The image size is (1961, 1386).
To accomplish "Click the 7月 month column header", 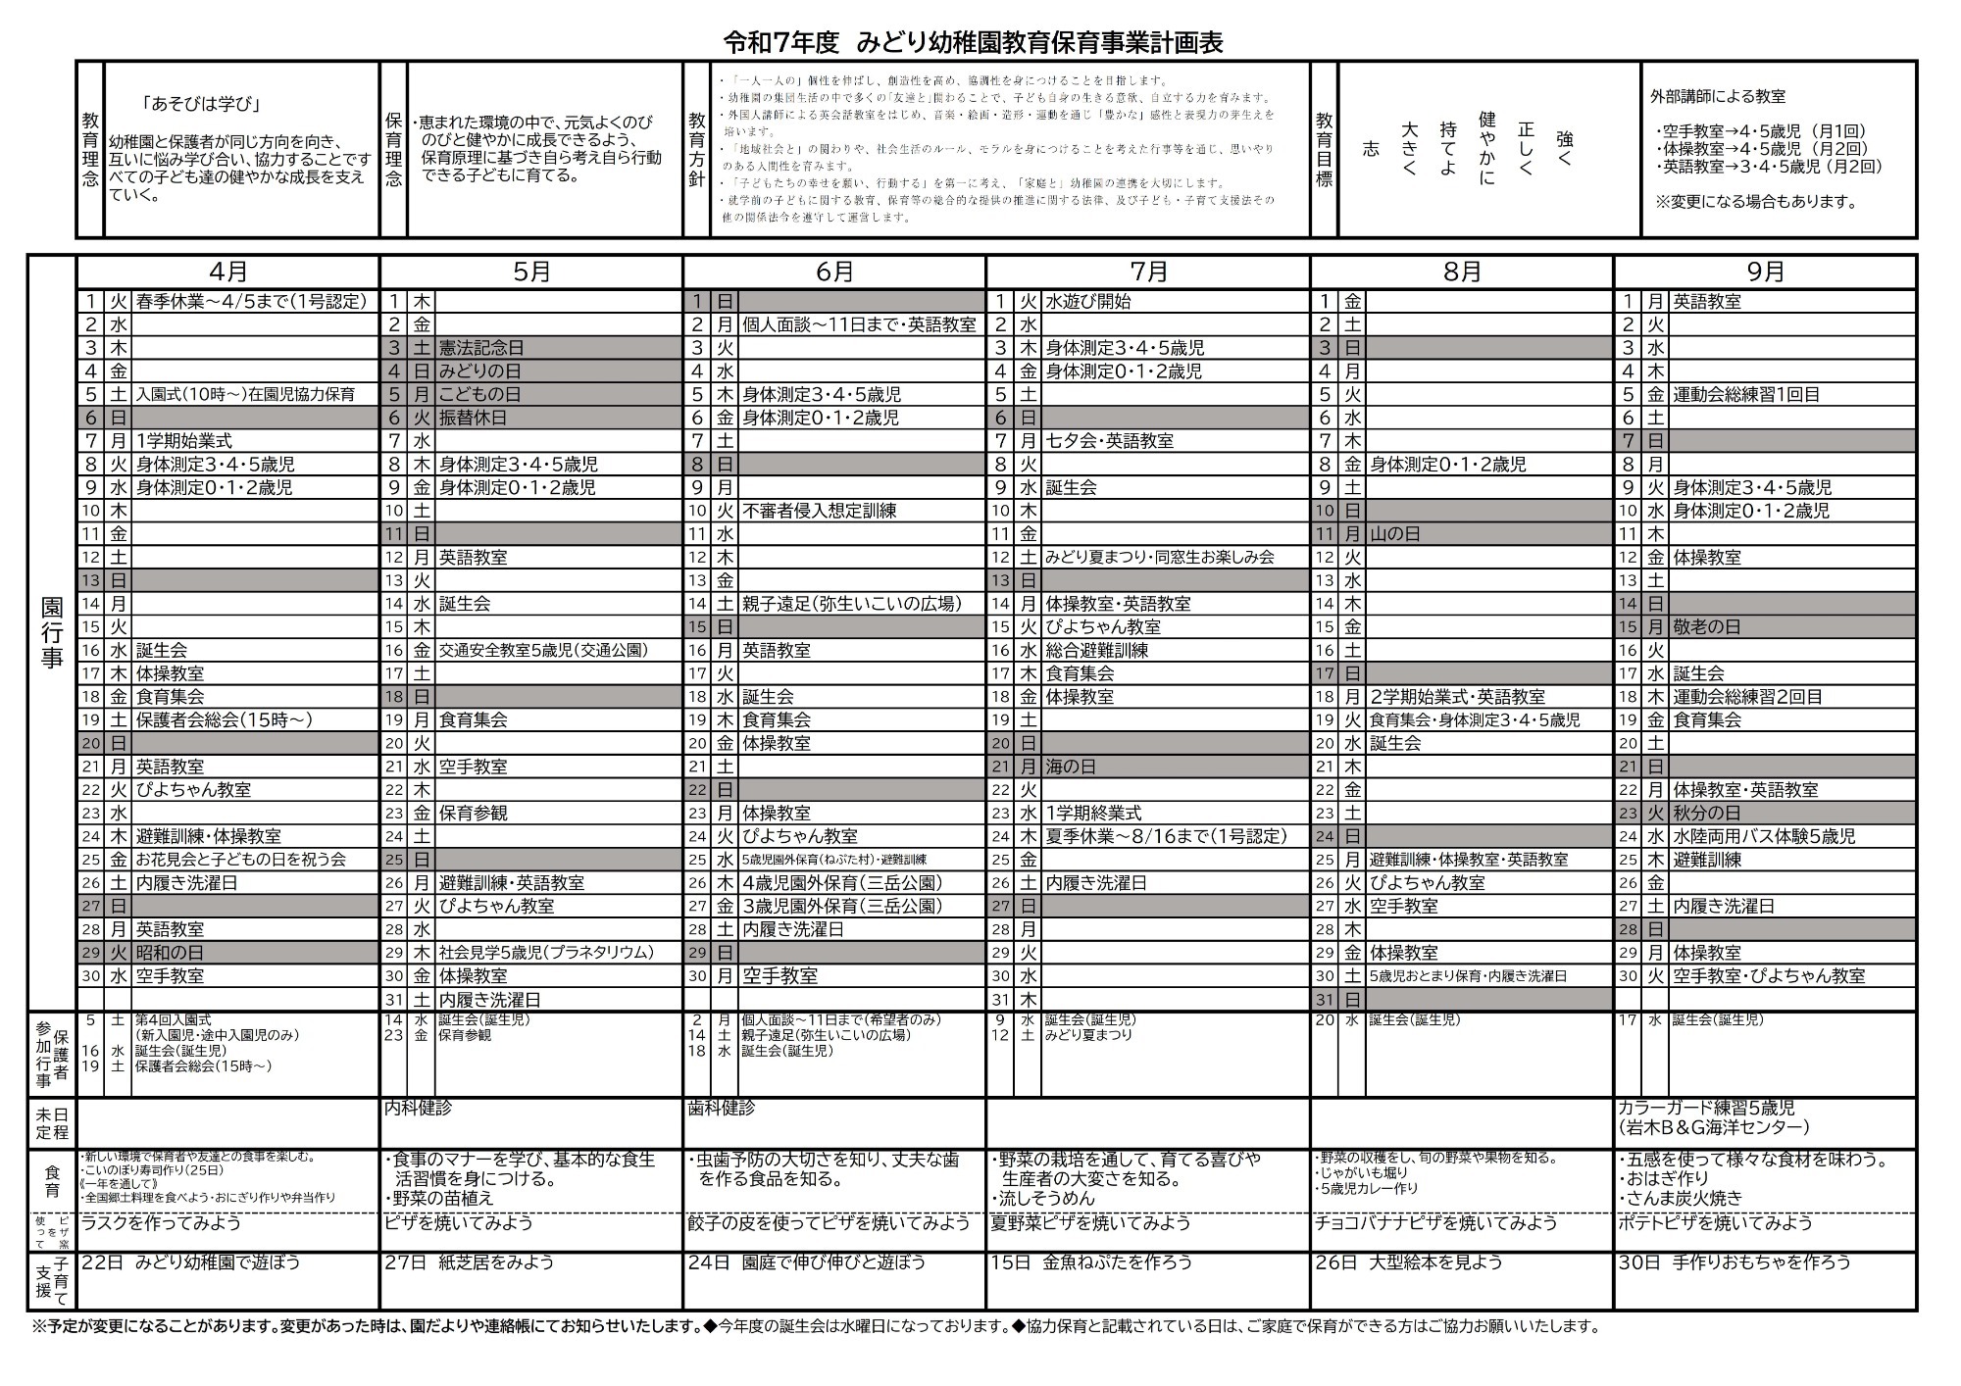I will click(x=1148, y=272).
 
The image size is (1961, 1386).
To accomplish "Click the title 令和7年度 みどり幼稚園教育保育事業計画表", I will click(x=973, y=42).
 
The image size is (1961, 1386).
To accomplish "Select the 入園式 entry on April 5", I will click(x=245, y=395).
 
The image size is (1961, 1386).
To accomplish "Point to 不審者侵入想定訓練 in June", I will click(x=819, y=511).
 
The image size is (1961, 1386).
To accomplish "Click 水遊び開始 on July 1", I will click(x=1088, y=302).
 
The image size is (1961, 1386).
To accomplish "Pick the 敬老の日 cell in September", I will click(x=1707, y=627).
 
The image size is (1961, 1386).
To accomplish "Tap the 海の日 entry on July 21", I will click(x=1071, y=767).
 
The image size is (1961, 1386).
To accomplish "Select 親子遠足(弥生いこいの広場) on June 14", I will click(x=851, y=604).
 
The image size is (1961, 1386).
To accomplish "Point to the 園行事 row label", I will click(x=52, y=631).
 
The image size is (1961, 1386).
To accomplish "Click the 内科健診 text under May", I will click(x=418, y=1109).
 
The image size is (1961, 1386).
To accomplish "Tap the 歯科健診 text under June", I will click(x=722, y=1109).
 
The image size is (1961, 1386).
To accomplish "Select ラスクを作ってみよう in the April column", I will click(x=161, y=1223).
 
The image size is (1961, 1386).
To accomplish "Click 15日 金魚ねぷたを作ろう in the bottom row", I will click(x=1091, y=1262).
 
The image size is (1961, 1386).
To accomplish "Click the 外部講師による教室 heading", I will click(x=1718, y=96).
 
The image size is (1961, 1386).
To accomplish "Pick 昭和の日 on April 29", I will click(x=170, y=952).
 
